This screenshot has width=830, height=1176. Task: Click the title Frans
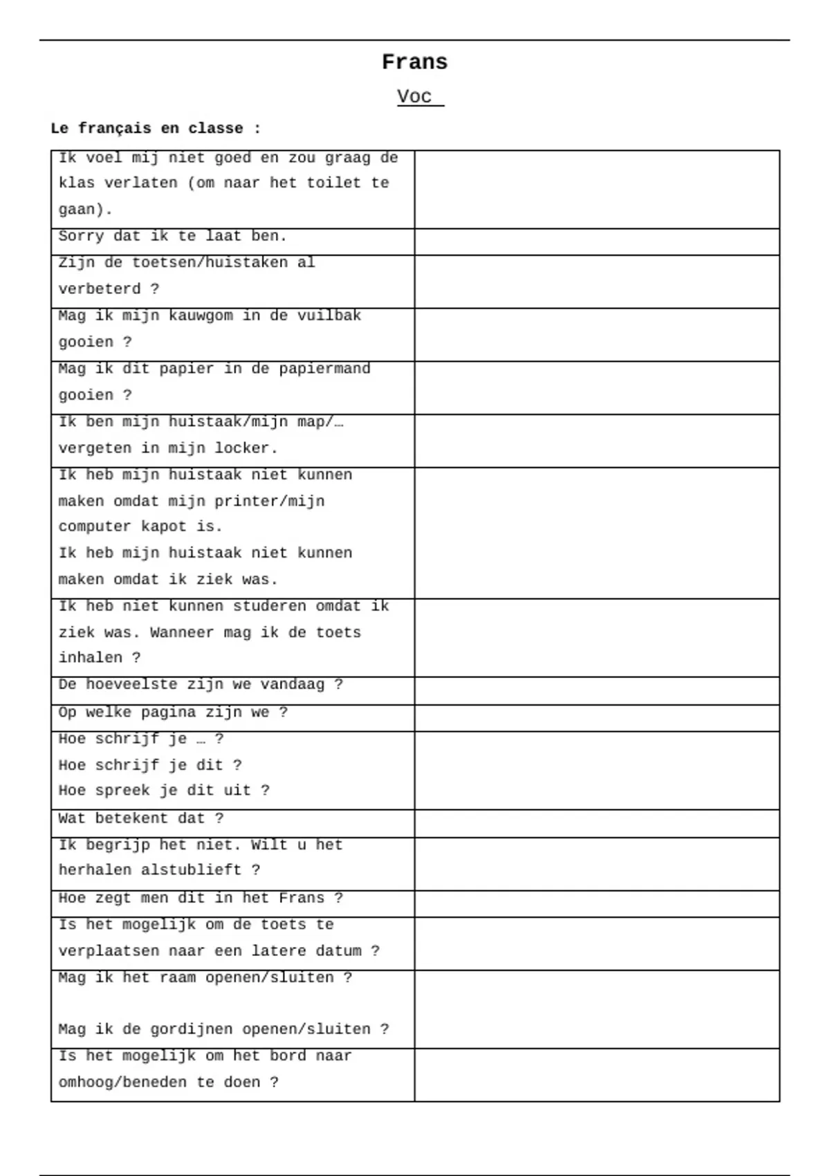414,62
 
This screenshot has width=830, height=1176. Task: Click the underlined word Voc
414,96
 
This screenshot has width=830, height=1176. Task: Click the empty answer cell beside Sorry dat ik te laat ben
597,242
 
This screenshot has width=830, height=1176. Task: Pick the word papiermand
324,369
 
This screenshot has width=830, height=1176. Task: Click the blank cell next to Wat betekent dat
597,824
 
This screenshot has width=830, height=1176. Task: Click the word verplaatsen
109,950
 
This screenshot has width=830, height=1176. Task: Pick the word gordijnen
187,1029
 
